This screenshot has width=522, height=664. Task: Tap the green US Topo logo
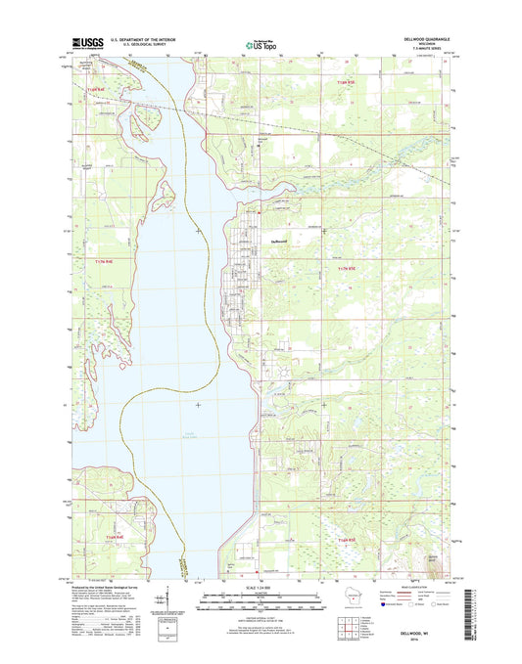tap(260, 44)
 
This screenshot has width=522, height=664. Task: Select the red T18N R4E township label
tap(95, 90)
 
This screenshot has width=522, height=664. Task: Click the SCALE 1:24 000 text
tap(260, 586)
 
